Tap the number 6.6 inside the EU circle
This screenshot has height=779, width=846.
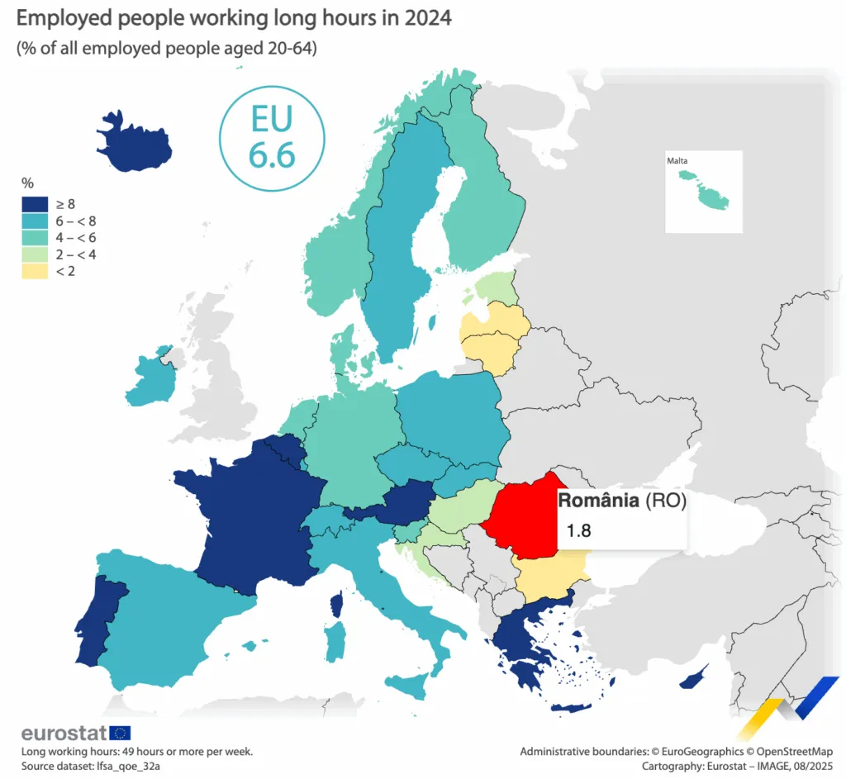pos(273,154)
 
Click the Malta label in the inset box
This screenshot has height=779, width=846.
pos(677,161)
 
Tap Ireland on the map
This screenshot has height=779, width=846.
pos(149,380)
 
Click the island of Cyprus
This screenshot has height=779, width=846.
pos(692,677)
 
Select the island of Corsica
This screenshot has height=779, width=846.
pos(336,605)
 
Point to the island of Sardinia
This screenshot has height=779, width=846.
pos(335,642)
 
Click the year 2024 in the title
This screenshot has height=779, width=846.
pos(425,18)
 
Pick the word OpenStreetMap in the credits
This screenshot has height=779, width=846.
pos(797,752)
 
